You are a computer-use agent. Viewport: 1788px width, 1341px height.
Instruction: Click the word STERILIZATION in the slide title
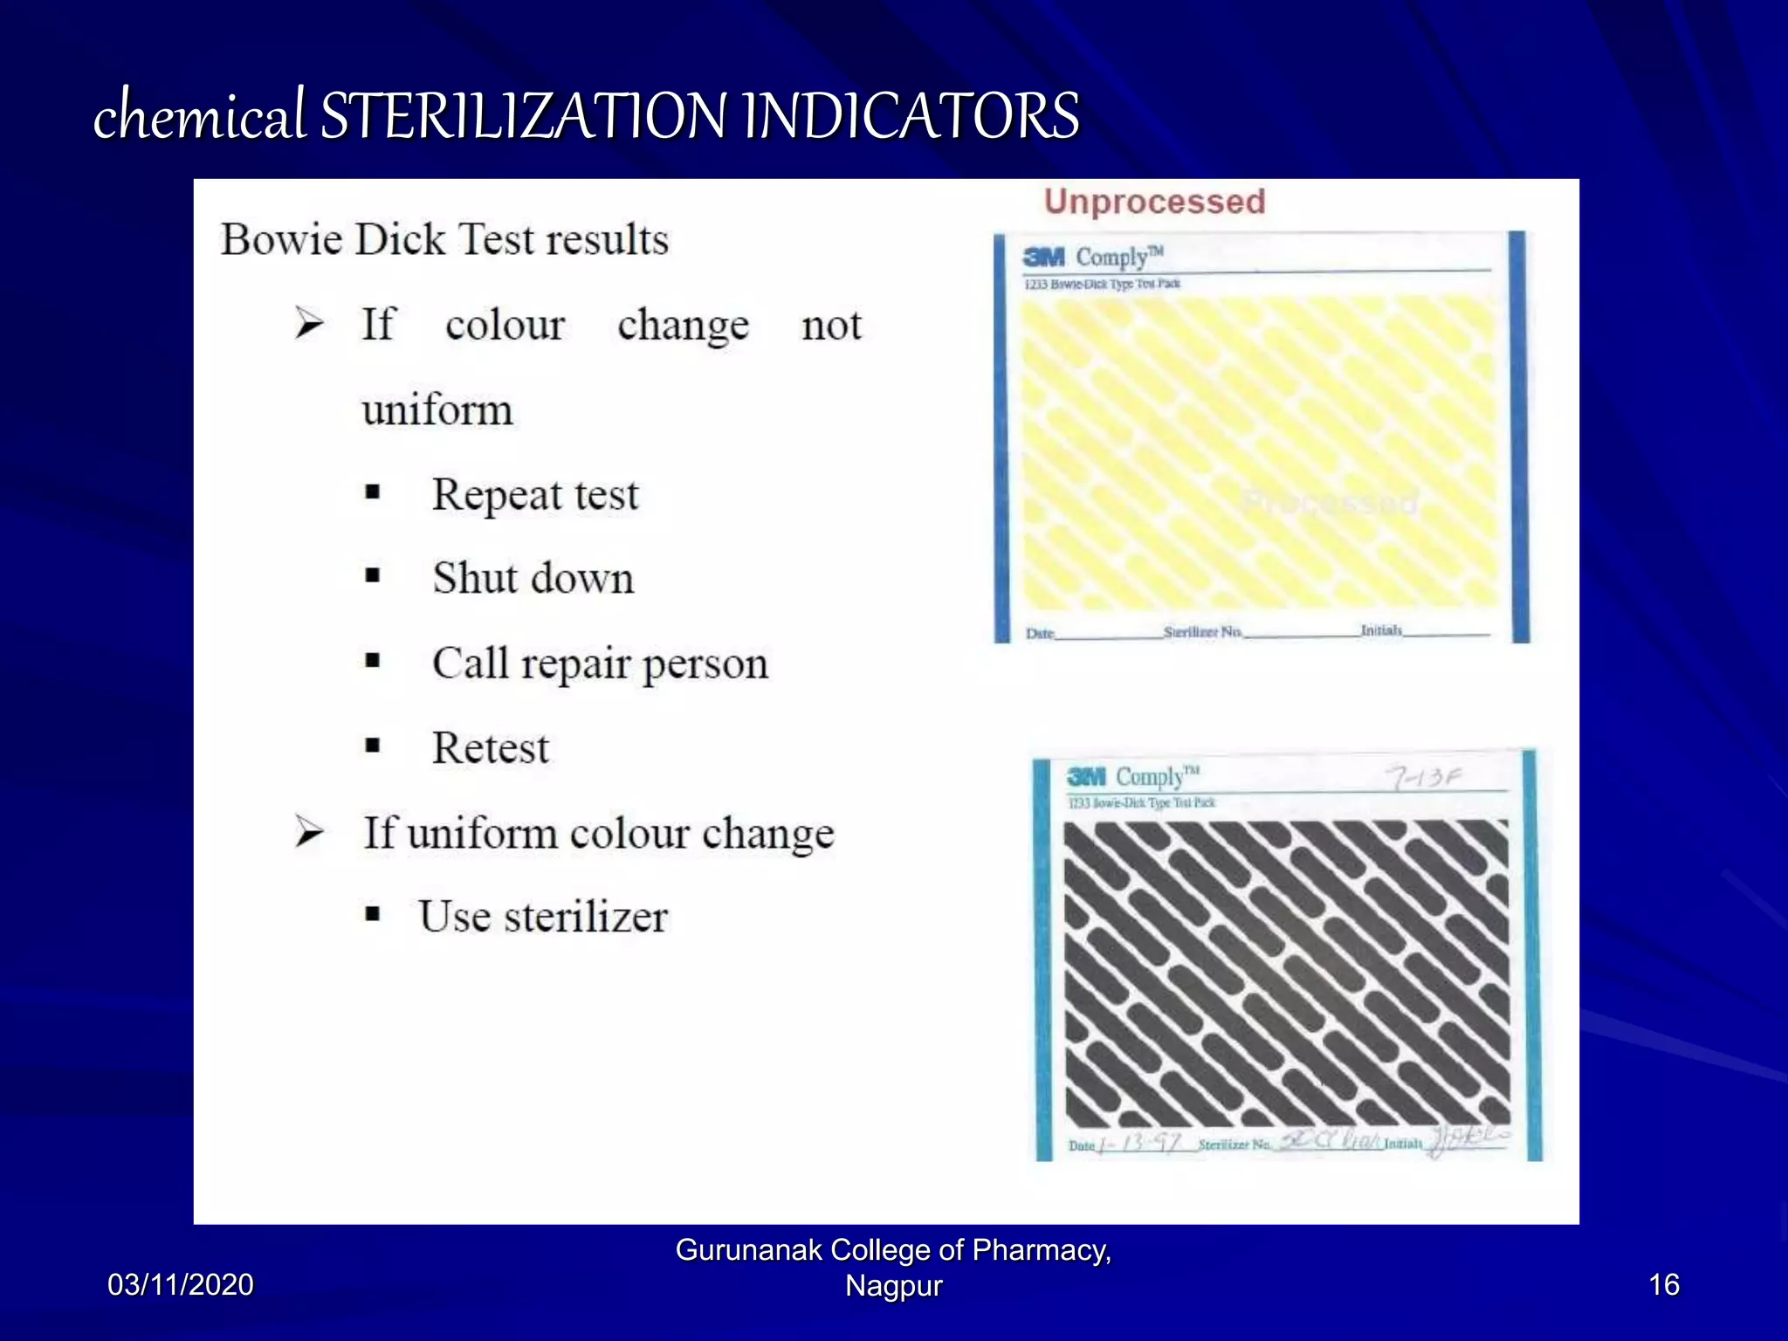pos(522,116)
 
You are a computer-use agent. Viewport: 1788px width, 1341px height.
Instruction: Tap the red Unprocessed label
pos(1154,202)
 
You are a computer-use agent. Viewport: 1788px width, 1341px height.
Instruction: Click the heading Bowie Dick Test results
pos(444,239)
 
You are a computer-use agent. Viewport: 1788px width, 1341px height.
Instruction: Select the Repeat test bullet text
pos(535,494)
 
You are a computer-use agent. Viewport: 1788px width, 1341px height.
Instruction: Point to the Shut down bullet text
pos(533,578)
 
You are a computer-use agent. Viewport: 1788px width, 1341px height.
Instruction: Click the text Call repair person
pos(600,664)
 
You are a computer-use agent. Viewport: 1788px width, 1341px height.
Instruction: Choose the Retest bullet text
pos(491,748)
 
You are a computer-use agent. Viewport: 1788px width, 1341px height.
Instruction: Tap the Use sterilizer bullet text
pos(543,917)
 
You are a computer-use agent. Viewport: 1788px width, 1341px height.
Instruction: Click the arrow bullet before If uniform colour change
pos(309,832)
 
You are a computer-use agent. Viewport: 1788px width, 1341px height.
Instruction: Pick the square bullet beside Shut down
pos(373,576)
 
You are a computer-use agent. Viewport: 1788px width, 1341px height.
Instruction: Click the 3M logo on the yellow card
pos(1044,257)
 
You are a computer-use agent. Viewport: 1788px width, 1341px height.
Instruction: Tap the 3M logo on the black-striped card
pos(1086,776)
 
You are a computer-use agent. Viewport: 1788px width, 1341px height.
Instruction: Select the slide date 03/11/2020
pos(181,1284)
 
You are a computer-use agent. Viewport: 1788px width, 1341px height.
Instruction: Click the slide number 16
pos(1663,1284)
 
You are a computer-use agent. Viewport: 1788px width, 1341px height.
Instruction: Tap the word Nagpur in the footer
pos(893,1286)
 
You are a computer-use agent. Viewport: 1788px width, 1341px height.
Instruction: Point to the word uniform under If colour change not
pos(437,409)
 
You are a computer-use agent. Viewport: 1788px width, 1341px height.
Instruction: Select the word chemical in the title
pos(199,116)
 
